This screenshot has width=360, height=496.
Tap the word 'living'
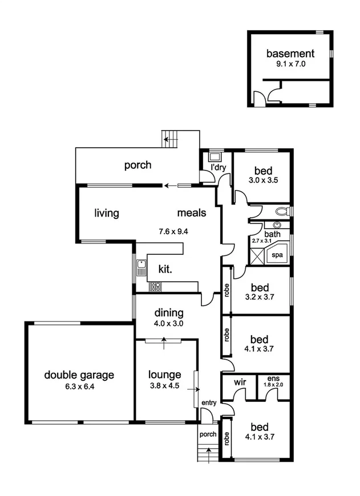(107, 213)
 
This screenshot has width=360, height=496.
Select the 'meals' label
(191, 213)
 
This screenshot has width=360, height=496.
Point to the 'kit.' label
(165, 268)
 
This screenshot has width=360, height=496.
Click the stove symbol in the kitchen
(154, 287)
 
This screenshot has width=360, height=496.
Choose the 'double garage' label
(79, 375)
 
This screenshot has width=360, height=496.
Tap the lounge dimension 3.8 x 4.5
(165, 385)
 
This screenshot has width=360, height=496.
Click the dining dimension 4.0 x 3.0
(168, 323)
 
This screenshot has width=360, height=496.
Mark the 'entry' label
(209, 403)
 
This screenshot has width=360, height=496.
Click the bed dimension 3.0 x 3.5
(263, 181)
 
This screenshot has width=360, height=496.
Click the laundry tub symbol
(215, 156)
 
